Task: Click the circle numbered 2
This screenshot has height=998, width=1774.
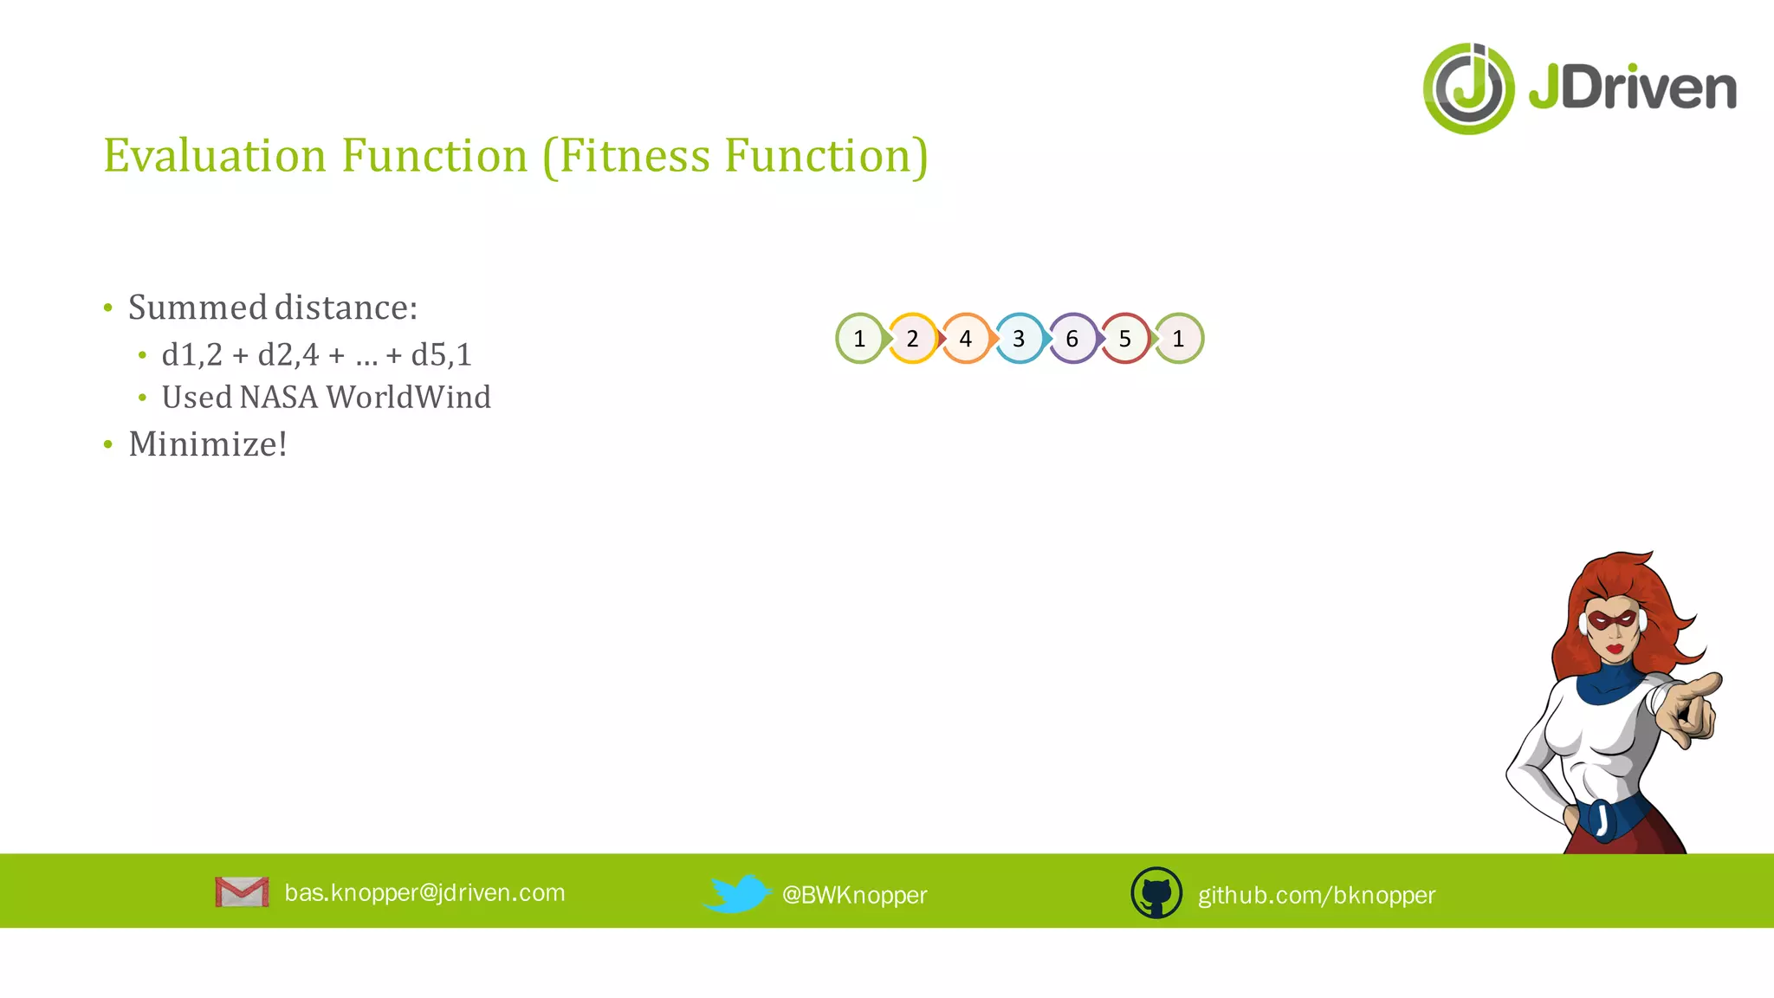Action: point(912,339)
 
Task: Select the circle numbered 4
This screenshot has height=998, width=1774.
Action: point(966,339)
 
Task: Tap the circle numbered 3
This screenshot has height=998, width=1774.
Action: point(1019,339)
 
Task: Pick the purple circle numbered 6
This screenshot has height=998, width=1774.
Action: point(1072,339)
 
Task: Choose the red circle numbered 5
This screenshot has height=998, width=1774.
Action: point(1125,339)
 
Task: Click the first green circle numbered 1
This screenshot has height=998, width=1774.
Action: point(859,339)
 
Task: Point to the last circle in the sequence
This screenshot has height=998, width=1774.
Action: point(1178,339)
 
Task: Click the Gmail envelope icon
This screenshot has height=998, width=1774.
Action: point(242,891)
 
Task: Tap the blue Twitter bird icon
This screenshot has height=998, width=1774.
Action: point(736,893)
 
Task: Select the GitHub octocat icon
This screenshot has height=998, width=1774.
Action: point(1156,893)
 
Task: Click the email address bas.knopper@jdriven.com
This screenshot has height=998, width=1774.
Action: point(424,892)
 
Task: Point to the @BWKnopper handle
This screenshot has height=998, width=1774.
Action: point(854,895)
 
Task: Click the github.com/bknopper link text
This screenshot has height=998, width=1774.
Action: point(1316,895)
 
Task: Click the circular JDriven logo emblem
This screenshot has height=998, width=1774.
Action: point(1468,88)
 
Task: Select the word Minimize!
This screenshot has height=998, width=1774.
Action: point(208,444)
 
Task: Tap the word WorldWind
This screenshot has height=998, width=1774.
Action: point(409,398)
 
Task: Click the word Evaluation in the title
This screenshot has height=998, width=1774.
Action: point(215,156)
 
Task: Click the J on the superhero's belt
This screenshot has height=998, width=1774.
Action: point(1602,819)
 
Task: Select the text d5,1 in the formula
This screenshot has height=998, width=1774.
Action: point(442,355)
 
